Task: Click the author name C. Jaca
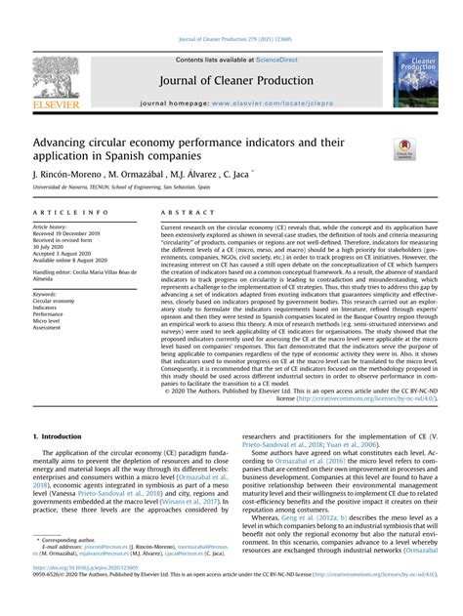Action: coord(235,174)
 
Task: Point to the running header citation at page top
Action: coord(231,11)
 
